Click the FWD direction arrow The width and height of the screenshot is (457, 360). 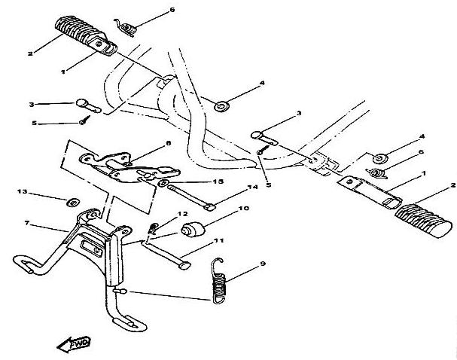[74, 344]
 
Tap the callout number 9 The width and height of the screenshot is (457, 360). [263, 264]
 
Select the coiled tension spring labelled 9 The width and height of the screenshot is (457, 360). [218, 281]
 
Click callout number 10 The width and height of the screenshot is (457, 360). [244, 209]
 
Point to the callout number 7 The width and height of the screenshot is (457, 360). [27, 223]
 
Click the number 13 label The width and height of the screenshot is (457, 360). [22, 191]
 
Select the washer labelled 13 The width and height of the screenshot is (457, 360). [73, 202]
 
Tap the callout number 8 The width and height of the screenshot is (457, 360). [168, 143]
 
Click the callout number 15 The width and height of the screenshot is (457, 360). [218, 182]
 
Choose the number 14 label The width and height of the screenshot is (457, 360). [253, 187]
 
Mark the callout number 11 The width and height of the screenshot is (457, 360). [218, 241]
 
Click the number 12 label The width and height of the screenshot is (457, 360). [183, 214]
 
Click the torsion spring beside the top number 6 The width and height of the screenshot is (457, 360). [126, 28]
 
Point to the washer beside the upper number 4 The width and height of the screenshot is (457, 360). [221, 106]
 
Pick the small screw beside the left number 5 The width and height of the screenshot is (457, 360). [84, 120]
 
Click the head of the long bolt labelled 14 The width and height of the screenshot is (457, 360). [210, 207]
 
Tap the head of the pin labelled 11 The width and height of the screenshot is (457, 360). [184, 266]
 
